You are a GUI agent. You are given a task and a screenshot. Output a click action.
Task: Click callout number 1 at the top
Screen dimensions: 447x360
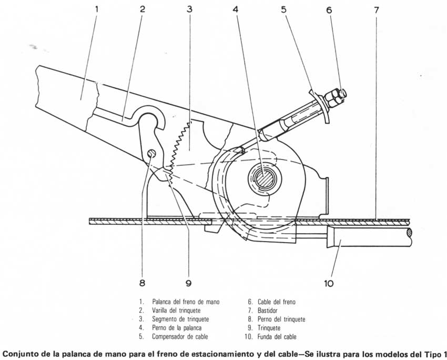click(97, 9)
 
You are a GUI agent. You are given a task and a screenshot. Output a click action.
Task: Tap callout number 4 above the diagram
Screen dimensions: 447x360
click(235, 9)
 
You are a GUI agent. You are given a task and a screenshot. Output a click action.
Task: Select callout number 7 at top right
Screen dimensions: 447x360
click(377, 10)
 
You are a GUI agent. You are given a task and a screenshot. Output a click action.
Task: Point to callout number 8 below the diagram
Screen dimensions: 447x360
click(142, 283)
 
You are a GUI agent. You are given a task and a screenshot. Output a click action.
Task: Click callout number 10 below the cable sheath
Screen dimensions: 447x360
click(328, 283)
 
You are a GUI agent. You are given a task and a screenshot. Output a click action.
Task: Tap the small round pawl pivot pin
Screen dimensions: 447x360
click(151, 154)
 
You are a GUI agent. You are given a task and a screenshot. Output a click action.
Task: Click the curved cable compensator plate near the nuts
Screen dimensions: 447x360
click(320, 106)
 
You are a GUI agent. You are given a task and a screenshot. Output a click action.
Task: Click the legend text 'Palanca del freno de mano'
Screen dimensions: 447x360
click(186, 302)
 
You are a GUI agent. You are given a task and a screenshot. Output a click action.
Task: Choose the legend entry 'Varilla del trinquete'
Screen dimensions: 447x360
click(176, 310)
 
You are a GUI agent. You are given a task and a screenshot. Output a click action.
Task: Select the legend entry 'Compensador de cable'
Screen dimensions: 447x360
click(180, 336)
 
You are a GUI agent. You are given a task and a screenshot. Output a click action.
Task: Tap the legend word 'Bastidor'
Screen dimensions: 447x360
click(267, 310)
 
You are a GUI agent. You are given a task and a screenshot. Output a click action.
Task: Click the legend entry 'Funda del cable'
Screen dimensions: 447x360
click(277, 337)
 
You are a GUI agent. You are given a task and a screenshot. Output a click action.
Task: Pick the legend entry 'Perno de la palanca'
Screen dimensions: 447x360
click(177, 328)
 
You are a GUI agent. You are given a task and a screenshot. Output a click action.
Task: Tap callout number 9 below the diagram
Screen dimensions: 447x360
click(188, 283)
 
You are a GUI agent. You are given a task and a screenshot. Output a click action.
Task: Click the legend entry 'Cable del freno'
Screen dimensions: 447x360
click(277, 302)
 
